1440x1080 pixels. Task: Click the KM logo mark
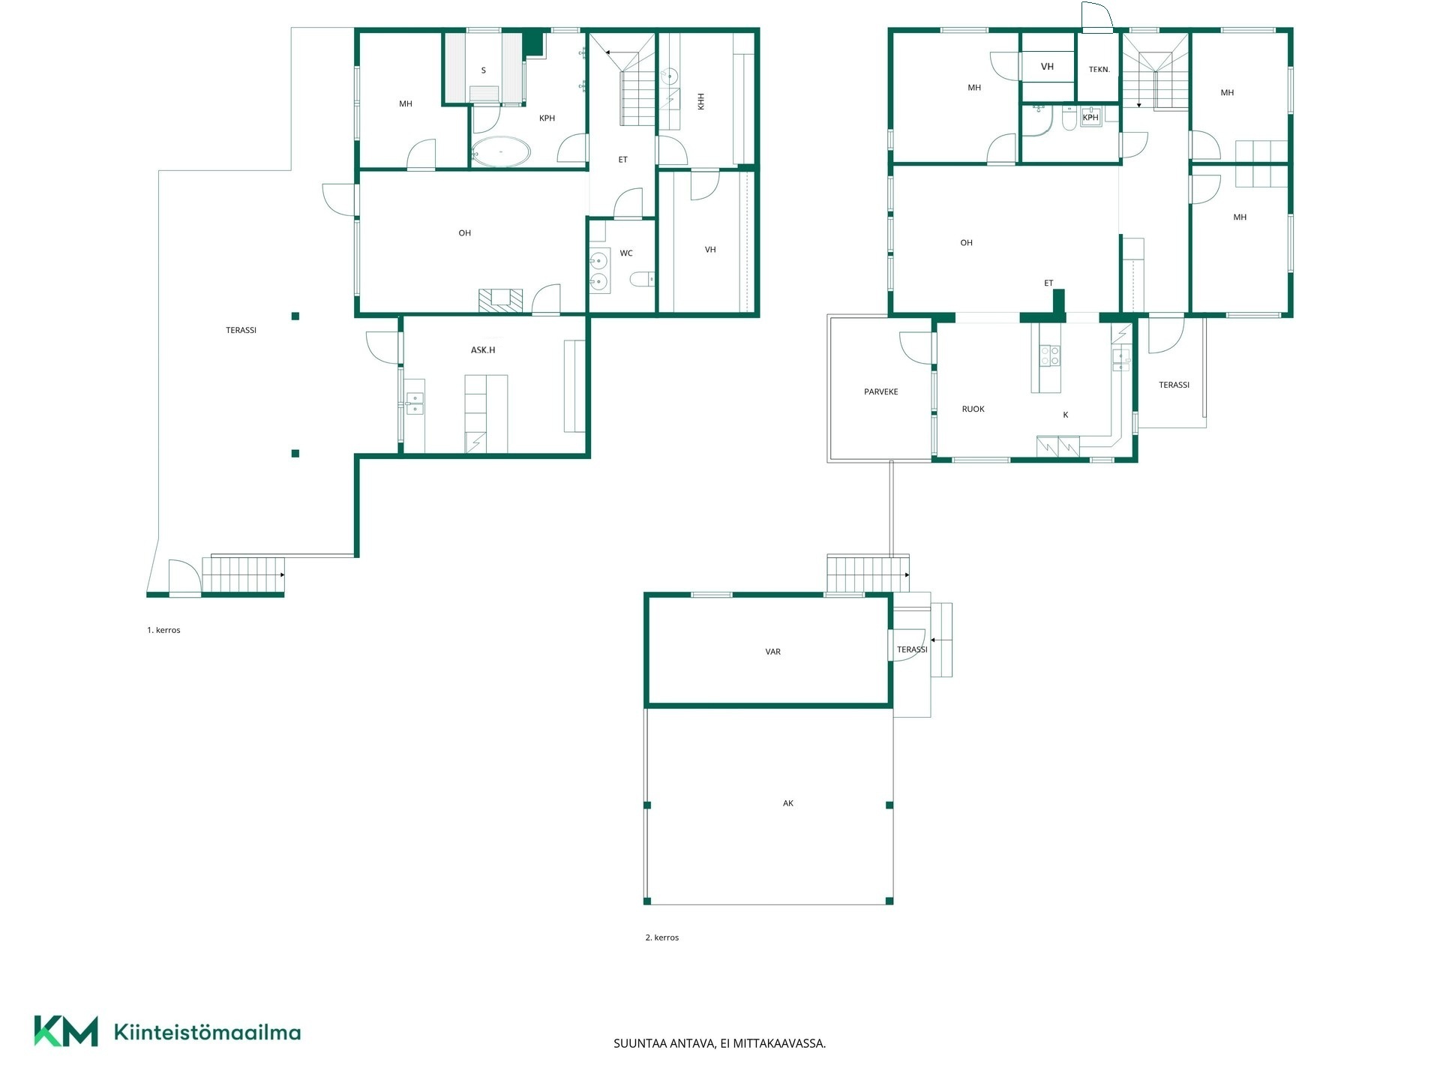pyautogui.click(x=66, y=1031)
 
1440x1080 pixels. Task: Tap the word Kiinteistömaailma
pyautogui.click(x=207, y=1032)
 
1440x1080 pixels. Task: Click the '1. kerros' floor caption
pyautogui.click(x=163, y=630)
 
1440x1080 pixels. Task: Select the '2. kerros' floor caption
pyautogui.click(x=662, y=937)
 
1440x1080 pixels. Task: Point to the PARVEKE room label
pyautogui.click(x=881, y=391)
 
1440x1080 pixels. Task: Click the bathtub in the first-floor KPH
pyautogui.click(x=501, y=151)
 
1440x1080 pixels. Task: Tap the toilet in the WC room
pyautogui.click(x=642, y=280)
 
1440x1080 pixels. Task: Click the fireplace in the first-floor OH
pyautogui.click(x=501, y=300)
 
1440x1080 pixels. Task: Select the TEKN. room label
pyautogui.click(x=1099, y=70)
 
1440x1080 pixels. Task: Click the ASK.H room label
pyautogui.click(x=483, y=350)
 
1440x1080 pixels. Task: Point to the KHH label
pyautogui.click(x=701, y=101)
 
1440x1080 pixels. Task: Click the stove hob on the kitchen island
pyautogui.click(x=1050, y=355)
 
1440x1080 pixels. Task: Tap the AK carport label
pyautogui.click(x=788, y=803)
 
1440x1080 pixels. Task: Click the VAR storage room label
pyautogui.click(x=773, y=652)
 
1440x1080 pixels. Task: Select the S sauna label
pyautogui.click(x=484, y=70)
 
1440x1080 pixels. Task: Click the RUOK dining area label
pyautogui.click(x=973, y=409)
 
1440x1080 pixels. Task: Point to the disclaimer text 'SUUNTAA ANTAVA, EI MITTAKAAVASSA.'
pyautogui.click(x=720, y=1043)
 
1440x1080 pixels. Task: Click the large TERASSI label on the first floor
pyautogui.click(x=241, y=330)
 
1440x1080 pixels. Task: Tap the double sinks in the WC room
pyautogui.click(x=598, y=271)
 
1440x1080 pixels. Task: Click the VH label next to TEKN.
pyautogui.click(x=1048, y=67)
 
